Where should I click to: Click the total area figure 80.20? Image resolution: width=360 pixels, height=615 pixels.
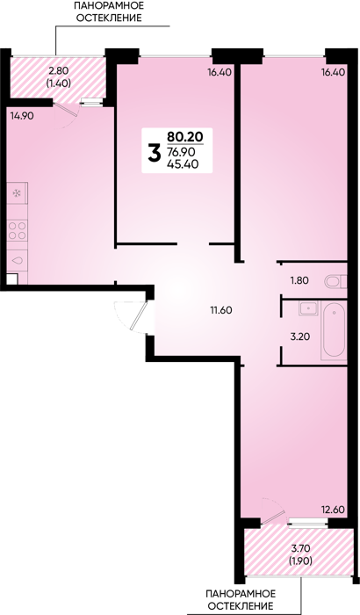click(184, 136)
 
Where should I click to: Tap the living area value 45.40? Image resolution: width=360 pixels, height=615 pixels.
click(183, 164)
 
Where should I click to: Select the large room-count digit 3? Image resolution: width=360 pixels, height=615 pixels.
click(155, 153)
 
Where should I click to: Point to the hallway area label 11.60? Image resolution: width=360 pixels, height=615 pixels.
click(221, 310)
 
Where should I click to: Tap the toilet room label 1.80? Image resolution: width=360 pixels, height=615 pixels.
click(299, 280)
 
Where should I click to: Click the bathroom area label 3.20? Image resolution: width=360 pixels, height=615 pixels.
click(299, 336)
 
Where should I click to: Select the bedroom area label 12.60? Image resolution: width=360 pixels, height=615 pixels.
click(333, 510)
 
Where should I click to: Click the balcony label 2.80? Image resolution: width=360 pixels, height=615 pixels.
click(59, 70)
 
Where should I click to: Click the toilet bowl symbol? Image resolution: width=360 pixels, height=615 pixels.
click(336, 281)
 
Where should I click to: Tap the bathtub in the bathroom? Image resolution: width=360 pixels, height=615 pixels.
click(334, 330)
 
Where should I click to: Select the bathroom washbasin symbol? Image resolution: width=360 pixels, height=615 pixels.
click(309, 308)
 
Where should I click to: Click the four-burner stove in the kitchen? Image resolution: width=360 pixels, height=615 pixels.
click(18, 230)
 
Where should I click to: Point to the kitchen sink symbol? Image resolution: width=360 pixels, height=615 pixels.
click(18, 260)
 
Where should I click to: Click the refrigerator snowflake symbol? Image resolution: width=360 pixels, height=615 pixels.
click(17, 193)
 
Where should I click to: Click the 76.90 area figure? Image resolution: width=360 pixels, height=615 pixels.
click(182, 152)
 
